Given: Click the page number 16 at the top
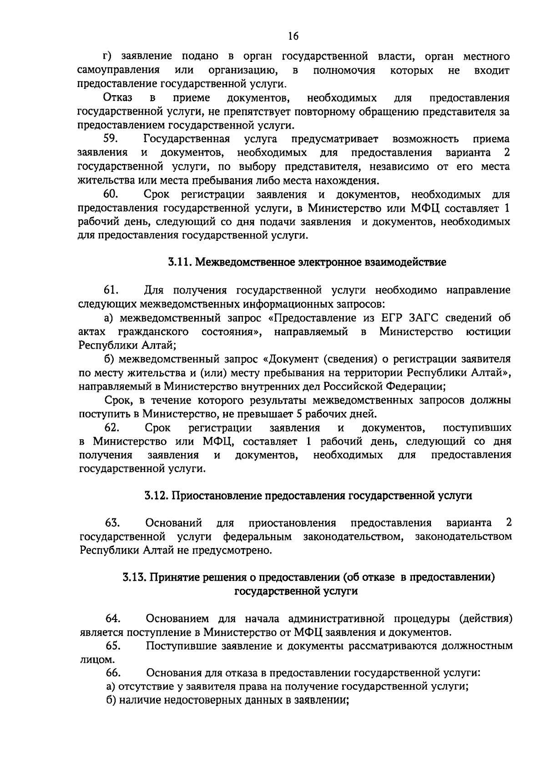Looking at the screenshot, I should (293, 37).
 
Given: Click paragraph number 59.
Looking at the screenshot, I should (111, 139).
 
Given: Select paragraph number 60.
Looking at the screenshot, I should (111, 194).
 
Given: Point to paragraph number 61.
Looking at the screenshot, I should (111, 290).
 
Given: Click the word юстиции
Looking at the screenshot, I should (488, 331).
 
